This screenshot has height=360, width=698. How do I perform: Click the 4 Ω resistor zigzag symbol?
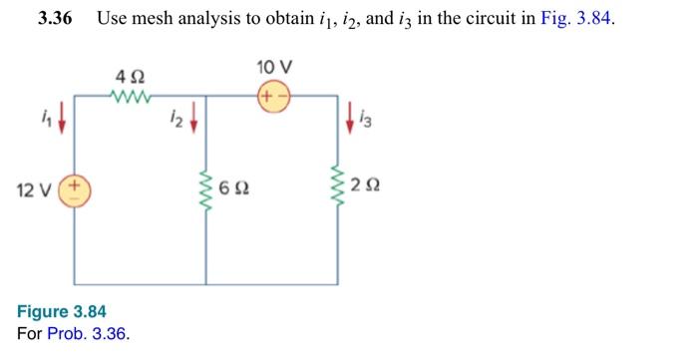pos(131,96)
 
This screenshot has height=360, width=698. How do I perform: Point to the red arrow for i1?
pos(63,122)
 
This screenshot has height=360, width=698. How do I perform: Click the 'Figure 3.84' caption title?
pos(62,312)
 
